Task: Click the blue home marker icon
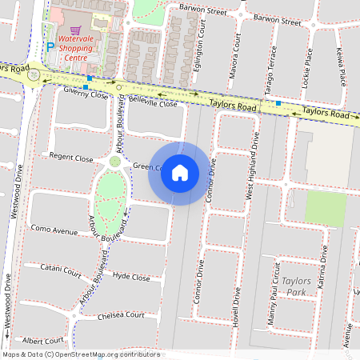coord(180,173)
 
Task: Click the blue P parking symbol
coord(51,48)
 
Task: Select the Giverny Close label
coord(86,94)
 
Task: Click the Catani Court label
coord(62,270)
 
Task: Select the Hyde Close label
coord(131,277)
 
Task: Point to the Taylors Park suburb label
coord(296,286)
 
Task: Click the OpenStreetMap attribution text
coord(80,354)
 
